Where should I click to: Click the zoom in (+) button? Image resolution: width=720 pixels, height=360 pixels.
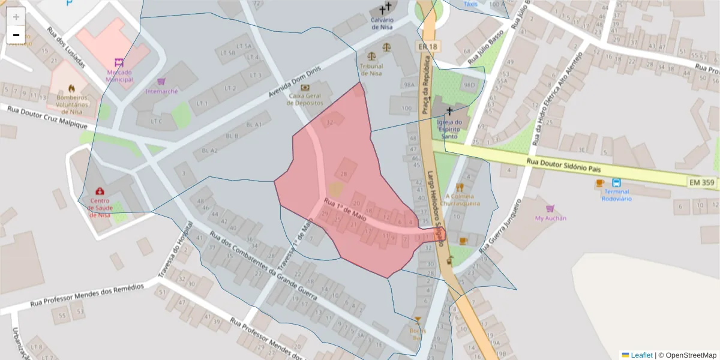coord(16,17)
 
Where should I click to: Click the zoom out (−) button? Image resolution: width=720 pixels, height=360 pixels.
coord(16,35)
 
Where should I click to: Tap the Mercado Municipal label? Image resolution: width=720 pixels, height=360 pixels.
coord(119,76)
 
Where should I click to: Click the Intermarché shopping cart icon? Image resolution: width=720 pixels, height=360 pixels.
coord(161,81)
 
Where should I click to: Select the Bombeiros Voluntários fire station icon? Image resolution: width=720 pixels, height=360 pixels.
coord(72,88)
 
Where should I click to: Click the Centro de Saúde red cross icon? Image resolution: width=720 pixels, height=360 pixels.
coord(99,191)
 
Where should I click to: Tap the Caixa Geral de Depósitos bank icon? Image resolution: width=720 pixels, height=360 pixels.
coord(305,88)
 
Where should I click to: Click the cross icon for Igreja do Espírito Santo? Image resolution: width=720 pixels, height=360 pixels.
coord(449,111)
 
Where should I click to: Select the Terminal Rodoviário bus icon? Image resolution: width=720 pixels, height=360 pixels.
coord(616,182)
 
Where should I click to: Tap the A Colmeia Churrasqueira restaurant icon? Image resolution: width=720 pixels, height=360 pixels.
coord(460,187)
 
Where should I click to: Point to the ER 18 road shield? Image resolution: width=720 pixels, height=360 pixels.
coord(427,47)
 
